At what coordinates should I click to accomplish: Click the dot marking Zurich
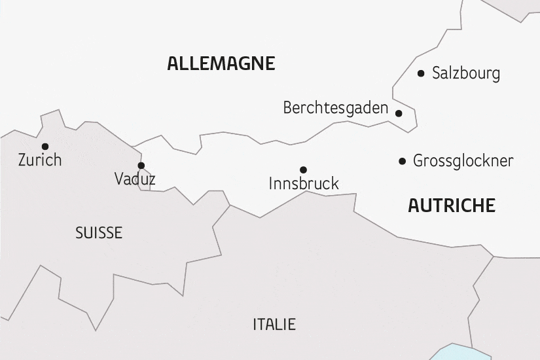tap(45, 146)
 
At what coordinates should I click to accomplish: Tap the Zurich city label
tap(40, 160)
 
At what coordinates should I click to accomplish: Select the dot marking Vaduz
tap(141, 166)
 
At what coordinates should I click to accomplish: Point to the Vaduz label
tap(135, 179)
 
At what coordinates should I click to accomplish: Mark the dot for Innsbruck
tap(303, 170)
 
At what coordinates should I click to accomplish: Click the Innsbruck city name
tap(304, 184)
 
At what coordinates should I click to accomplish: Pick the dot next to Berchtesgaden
tap(399, 113)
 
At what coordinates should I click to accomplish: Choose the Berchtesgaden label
tap(336, 108)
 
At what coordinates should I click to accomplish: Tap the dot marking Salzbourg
tap(421, 73)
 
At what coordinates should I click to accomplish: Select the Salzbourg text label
tap(466, 73)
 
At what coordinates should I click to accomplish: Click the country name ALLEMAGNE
tap(221, 63)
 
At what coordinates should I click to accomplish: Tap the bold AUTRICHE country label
tap(452, 206)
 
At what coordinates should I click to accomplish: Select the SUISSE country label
tap(99, 233)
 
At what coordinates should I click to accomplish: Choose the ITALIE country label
tap(274, 324)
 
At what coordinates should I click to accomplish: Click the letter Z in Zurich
tap(23, 160)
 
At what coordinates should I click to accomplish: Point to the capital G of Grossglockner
tap(418, 161)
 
